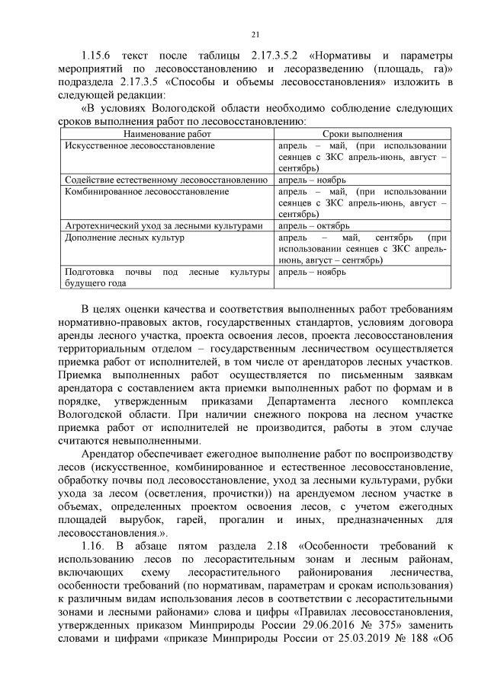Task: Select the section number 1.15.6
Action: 98,56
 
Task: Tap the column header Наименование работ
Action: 166,133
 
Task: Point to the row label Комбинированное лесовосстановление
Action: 147,192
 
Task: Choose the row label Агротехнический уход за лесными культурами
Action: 164,226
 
